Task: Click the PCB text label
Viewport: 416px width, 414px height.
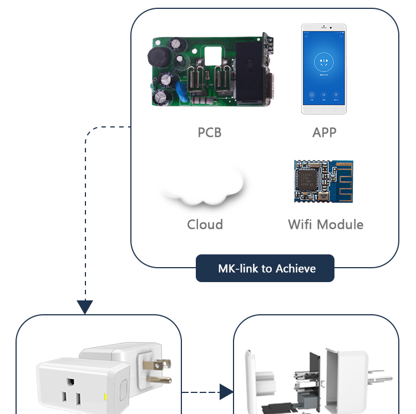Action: [x=210, y=132]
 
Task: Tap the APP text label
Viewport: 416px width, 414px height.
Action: [x=324, y=132]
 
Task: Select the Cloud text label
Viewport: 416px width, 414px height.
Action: [x=205, y=224]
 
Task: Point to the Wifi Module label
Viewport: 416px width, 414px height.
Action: [x=326, y=224]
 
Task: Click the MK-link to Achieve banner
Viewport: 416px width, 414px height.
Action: [x=265, y=268]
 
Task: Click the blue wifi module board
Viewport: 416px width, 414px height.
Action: [x=324, y=181]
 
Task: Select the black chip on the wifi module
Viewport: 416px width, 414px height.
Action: [x=307, y=179]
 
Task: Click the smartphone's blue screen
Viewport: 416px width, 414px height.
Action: [x=324, y=68]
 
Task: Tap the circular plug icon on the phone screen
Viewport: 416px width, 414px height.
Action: [x=324, y=62]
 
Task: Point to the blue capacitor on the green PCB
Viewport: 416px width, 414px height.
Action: [x=182, y=91]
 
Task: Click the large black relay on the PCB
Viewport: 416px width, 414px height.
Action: [x=250, y=71]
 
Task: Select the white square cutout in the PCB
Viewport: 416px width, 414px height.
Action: [x=213, y=55]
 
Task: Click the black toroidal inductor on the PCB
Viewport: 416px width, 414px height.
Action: [x=159, y=57]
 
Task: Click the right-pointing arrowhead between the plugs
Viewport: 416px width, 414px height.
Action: [x=226, y=392]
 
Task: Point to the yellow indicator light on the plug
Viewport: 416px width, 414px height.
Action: [x=105, y=397]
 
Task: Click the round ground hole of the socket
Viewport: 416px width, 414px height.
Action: [x=70, y=382]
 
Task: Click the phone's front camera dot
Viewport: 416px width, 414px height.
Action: [x=331, y=27]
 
